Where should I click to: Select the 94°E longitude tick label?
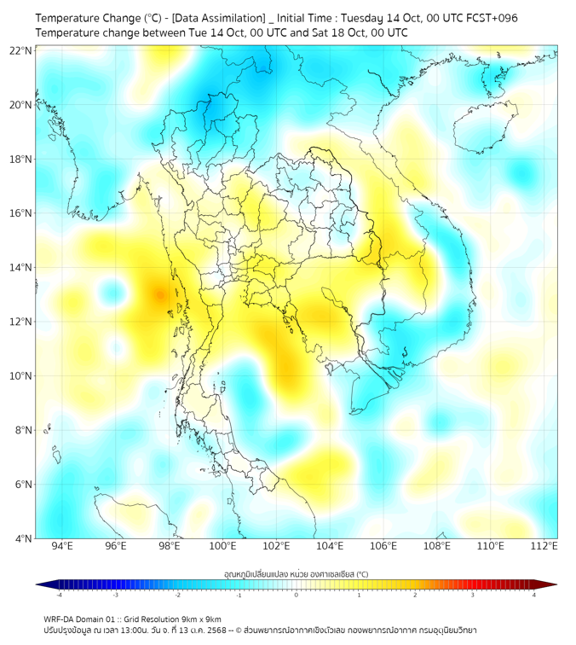(62, 547)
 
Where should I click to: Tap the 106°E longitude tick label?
(383, 547)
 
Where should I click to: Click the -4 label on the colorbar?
(58, 595)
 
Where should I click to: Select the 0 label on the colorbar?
(297, 595)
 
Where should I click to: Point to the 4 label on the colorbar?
(533, 595)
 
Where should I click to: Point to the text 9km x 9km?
(200, 619)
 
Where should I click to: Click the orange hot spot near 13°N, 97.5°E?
(159, 295)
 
